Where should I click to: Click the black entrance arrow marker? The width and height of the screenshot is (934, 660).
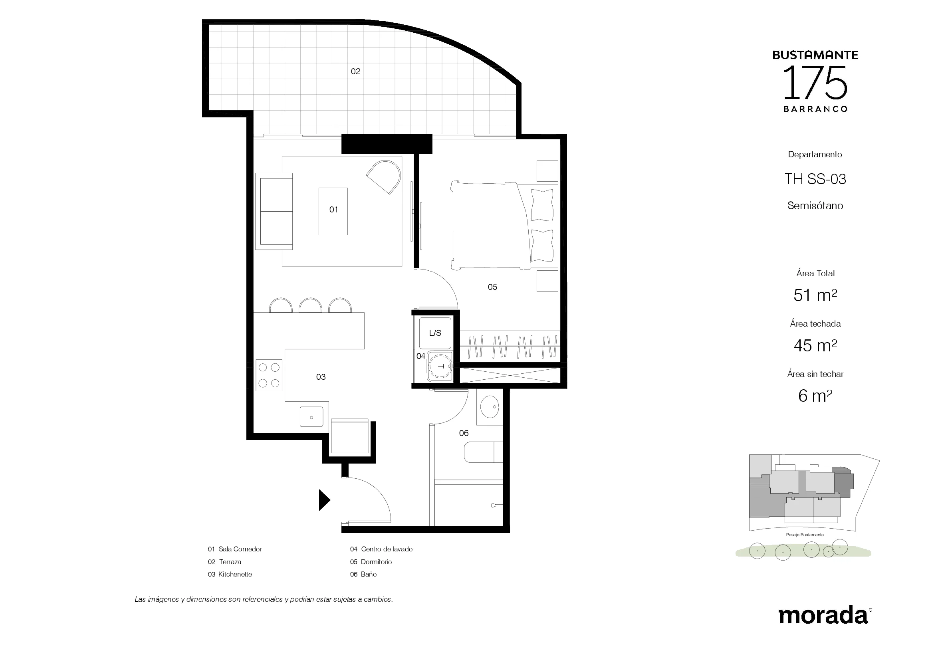pos(323,500)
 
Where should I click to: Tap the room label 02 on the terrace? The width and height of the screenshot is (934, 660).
pos(355,71)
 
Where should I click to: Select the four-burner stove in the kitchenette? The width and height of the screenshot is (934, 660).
pos(269,375)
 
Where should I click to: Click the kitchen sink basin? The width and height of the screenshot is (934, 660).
pos(311,417)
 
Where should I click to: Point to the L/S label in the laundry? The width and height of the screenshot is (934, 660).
pos(435,333)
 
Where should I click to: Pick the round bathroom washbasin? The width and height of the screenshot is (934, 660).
pos(490,406)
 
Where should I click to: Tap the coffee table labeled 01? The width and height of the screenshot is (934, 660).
pos(333,212)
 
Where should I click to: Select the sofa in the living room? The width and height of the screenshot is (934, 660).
pos(274,212)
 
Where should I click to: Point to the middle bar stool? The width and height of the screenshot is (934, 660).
pos(310,305)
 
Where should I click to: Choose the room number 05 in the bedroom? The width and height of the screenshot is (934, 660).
pos(492,287)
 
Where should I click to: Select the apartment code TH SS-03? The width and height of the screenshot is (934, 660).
pos(815,179)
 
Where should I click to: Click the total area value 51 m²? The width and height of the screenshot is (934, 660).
pos(815,295)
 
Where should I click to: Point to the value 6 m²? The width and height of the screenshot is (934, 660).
pos(815,396)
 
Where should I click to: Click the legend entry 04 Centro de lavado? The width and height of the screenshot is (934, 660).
pos(381,549)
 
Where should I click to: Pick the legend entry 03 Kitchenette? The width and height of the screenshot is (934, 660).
pos(230,574)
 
